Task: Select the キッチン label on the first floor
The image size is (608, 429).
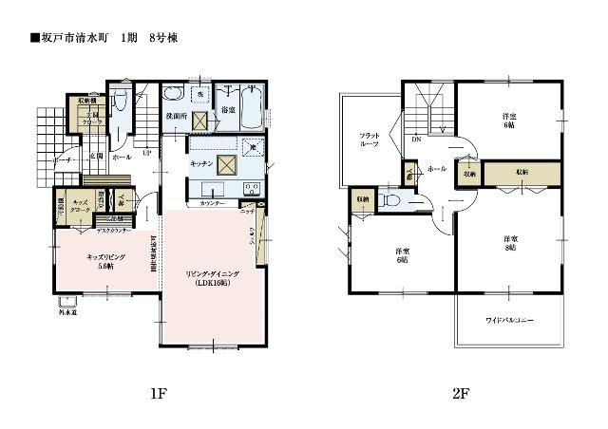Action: coord(200,164)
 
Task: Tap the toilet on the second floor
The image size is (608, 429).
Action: coord(392,200)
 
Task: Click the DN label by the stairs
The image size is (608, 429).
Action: coord(417,140)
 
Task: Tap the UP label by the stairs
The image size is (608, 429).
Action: coord(146,153)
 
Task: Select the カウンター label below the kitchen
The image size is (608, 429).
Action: coord(212,204)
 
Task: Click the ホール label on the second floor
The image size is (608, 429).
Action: coord(438,168)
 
